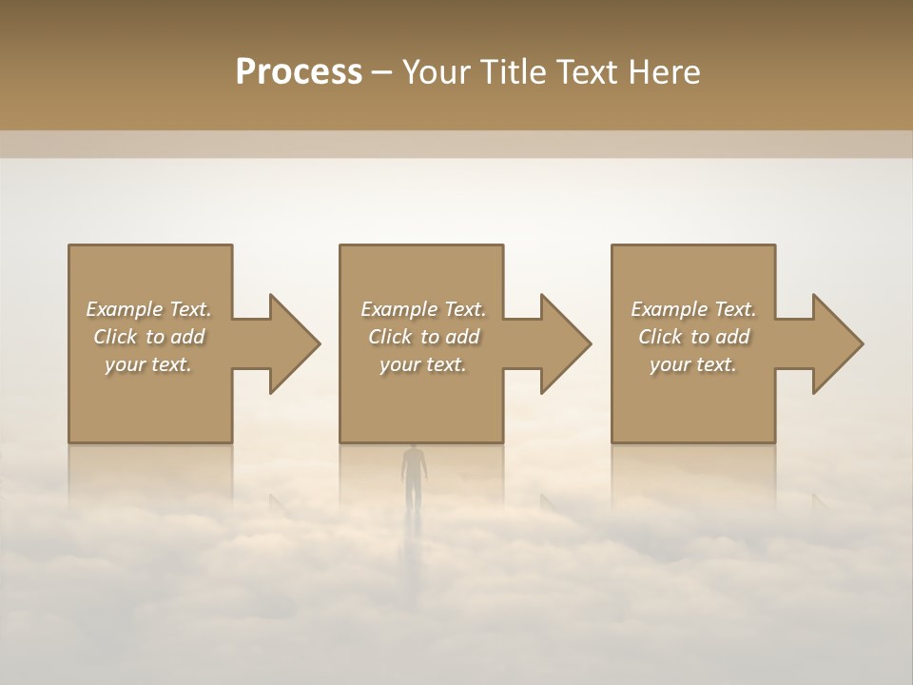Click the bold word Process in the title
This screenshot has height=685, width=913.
point(299,72)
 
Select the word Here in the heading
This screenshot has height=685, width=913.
point(664,72)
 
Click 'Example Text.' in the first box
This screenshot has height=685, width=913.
point(148,309)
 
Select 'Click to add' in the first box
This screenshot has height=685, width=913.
point(148,337)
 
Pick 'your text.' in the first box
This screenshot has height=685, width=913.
point(148,364)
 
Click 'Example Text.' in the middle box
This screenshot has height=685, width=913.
point(423,309)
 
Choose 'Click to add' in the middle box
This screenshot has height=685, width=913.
point(423,337)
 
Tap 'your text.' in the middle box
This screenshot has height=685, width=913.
point(423,364)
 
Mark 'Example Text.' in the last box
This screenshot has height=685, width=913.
point(693,309)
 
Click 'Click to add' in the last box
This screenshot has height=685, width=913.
point(693,337)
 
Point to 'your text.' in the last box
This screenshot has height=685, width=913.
point(693,364)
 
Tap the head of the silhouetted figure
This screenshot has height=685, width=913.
point(413,450)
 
